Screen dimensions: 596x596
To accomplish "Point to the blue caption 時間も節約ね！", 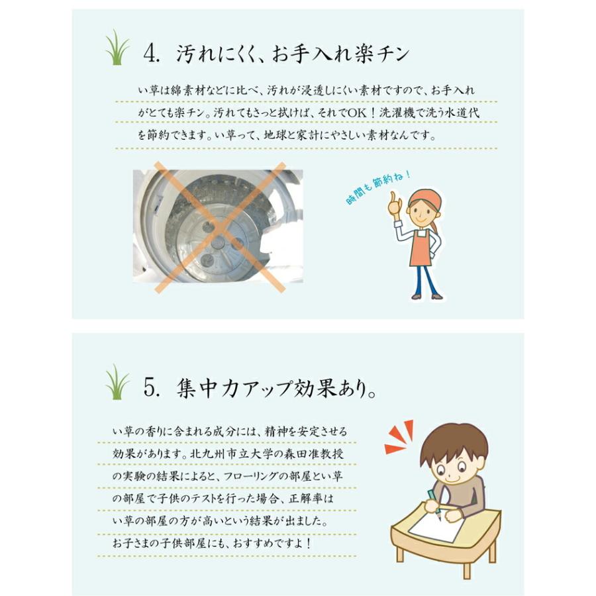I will pos(379,188).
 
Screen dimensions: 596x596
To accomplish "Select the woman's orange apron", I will pos(422,249).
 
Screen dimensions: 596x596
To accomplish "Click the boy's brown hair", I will pos(454,440).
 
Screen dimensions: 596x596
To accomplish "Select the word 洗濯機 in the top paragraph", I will pos(397,113).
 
